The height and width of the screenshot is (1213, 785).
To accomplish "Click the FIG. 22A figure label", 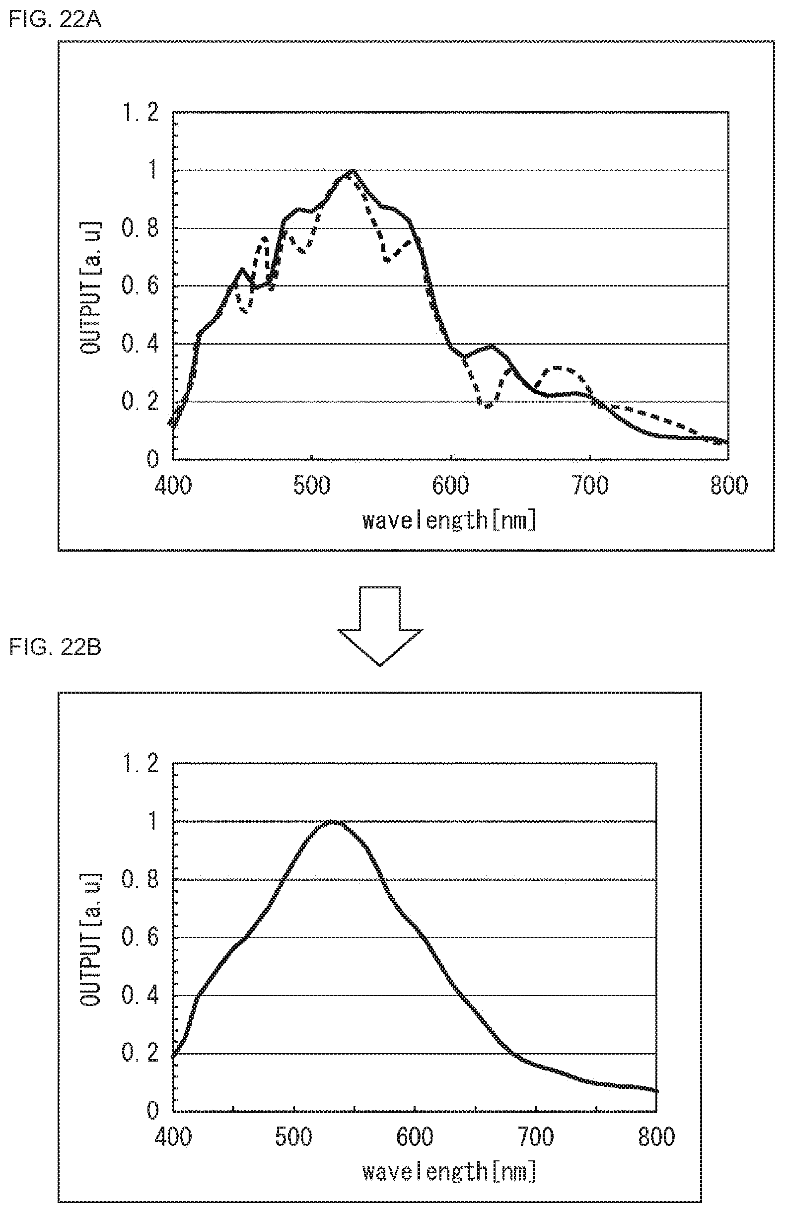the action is coord(55,20).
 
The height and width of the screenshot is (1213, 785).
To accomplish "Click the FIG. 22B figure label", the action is coord(55,648).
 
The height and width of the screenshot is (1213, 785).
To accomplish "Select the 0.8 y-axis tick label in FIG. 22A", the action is coord(139,228).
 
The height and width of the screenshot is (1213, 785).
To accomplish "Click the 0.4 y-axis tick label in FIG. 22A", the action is coord(139,344).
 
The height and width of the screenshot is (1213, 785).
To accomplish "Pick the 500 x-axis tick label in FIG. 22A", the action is coord(311,485).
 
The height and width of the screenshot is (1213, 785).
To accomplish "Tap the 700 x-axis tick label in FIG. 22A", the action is coord(590,485).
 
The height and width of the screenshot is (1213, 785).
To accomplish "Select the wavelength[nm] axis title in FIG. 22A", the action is coord(449,521).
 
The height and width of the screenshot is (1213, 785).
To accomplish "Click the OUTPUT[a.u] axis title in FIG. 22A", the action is coord(90,288).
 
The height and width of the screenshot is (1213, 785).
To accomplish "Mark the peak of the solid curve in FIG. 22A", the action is coord(352,171).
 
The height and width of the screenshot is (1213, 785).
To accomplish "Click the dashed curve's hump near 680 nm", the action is coord(558,367).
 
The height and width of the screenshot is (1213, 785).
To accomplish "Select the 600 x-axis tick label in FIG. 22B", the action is coord(415,1138).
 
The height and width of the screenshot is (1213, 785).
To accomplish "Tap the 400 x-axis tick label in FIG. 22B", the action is coord(173,1138).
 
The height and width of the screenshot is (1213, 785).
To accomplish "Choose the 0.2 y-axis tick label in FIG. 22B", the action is coord(139,1054).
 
